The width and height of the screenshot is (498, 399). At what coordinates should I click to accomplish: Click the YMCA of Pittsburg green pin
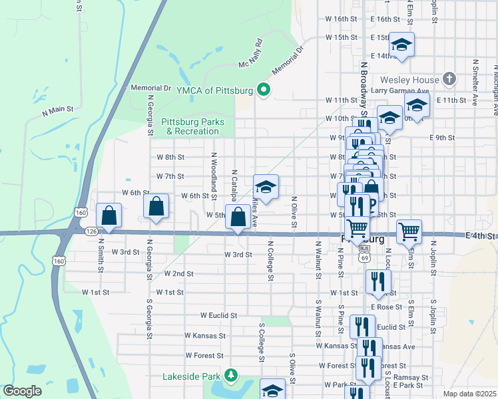tap(264, 91)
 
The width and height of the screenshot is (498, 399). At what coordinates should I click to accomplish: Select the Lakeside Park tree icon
tap(230, 376)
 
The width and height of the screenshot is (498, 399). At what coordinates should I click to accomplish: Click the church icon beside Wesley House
tap(449, 80)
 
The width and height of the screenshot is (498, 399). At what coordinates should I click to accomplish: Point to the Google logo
tap(22, 390)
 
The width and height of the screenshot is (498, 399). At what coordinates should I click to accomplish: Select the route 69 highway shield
tap(364, 257)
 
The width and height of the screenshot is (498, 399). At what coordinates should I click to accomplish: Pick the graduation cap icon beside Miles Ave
tap(266, 187)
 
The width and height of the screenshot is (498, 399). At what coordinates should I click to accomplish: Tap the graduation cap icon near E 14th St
tap(401, 45)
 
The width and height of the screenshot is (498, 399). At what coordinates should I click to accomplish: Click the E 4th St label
tap(481, 236)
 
